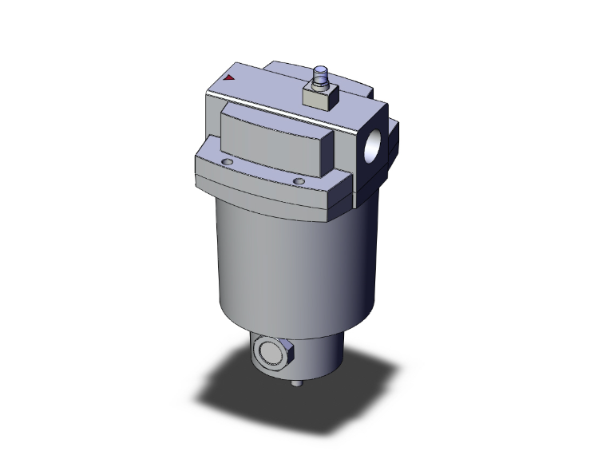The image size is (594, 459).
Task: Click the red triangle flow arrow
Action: click(x=230, y=78)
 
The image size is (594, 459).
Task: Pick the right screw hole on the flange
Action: click(x=299, y=182)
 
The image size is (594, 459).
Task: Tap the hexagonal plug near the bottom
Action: click(x=270, y=351)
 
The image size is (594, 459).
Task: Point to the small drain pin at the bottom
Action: click(x=298, y=386)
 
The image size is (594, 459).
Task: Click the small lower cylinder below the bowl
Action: click(x=319, y=355)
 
